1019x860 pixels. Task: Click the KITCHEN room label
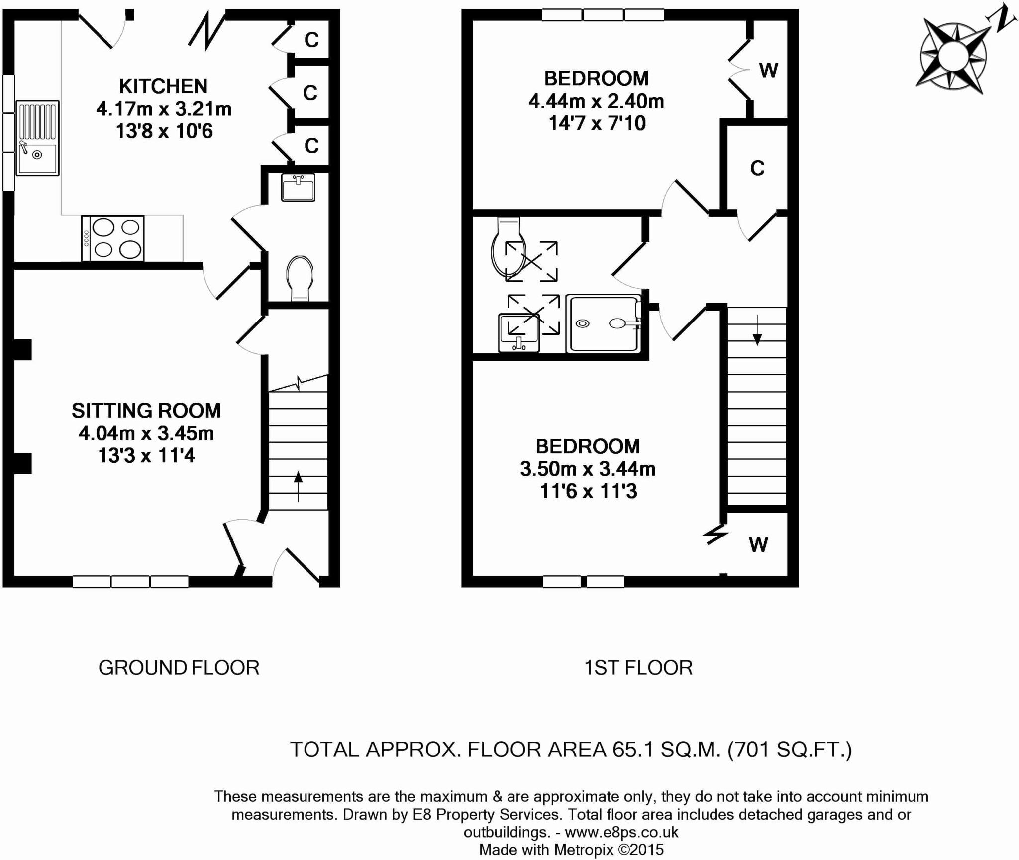click(163, 86)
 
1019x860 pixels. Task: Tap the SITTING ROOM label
click(146, 411)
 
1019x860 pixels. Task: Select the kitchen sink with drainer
click(37, 138)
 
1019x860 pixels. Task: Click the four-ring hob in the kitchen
click(113, 238)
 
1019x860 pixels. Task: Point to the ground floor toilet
click(300, 278)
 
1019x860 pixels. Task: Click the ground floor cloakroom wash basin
click(298, 187)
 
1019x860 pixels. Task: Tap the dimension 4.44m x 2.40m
click(596, 101)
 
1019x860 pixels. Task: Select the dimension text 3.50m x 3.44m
click(588, 469)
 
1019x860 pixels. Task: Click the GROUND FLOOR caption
click(179, 668)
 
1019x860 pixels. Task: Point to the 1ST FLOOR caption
click(638, 668)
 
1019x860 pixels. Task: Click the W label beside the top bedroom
click(768, 71)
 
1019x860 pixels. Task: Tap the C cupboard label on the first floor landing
click(757, 169)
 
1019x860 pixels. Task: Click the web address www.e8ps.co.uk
click(622, 832)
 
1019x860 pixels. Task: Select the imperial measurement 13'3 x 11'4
click(146, 455)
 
